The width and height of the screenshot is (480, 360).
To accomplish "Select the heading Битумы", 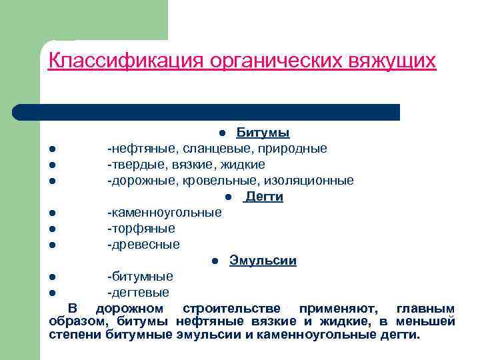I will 263,132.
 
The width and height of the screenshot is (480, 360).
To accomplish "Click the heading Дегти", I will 264,197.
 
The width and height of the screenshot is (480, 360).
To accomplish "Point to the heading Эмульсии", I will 263,261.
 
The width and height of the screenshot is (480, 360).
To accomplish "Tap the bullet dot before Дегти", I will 228,197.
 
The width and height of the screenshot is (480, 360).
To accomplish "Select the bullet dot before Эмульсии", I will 215,261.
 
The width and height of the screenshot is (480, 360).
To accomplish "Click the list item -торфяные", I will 141,229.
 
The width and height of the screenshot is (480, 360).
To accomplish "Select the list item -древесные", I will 144,245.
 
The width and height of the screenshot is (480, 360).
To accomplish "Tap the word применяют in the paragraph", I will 338,309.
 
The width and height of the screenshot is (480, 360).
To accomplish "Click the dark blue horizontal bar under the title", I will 207,111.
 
